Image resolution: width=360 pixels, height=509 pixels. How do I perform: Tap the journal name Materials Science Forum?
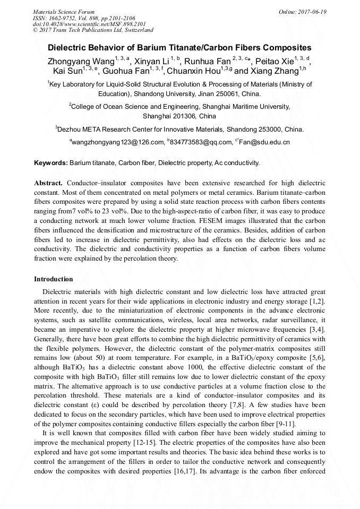[64, 12]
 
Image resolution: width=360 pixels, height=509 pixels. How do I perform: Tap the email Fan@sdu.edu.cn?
[264, 142]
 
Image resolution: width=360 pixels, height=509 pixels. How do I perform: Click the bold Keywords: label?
[51, 162]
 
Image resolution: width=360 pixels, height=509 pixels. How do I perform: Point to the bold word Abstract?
[49, 182]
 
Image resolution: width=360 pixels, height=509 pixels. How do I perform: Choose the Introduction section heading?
[54, 279]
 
